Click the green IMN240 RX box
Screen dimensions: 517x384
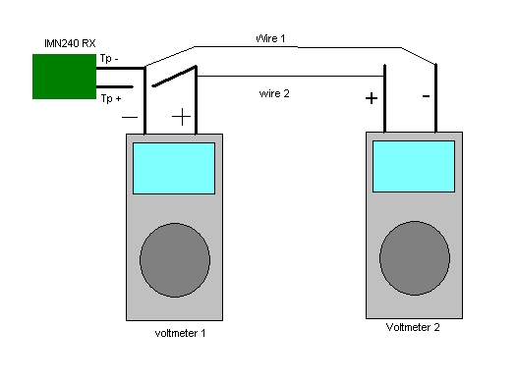click(x=64, y=77)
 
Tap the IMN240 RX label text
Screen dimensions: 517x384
click(x=70, y=43)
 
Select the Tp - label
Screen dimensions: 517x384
click(x=109, y=59)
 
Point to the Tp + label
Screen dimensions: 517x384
click(x=111, y=98)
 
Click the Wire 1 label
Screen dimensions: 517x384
click(x=270, y=38)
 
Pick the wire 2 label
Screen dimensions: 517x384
click(x=274, y=93)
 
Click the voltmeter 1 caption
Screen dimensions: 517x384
click(x=180, y=333)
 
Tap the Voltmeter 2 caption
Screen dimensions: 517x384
click(x=413, y=327)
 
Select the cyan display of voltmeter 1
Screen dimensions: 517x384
click(x=174, y=168)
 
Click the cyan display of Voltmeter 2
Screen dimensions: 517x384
click(x=414, y=166)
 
